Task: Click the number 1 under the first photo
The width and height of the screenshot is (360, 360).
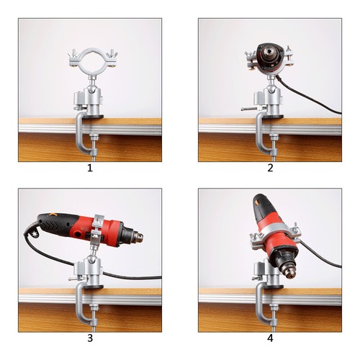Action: pos(89,168)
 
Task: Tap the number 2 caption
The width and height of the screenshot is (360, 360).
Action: pos(270,168)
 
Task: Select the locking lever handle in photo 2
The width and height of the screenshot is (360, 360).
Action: pos(248,110)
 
